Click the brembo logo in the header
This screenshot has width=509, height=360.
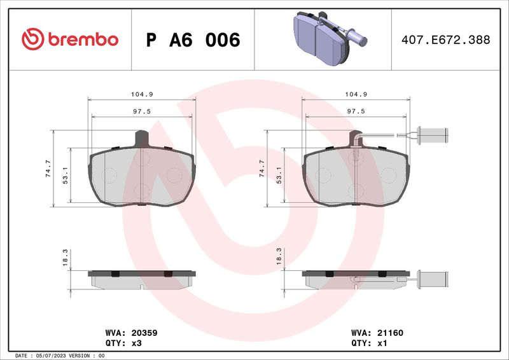coord(70,39)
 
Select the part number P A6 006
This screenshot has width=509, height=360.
coord(193,40)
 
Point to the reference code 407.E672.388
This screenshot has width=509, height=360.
coord(446,39)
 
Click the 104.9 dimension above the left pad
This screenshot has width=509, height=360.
coord(142,94)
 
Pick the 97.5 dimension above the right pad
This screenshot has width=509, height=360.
coord(356,111)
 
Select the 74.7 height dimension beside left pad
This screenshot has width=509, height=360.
coord(48,168)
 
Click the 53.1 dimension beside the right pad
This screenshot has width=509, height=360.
coord(279,176)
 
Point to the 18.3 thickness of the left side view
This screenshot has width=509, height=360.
coord(65,258)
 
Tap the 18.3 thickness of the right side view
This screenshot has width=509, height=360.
coord(279,256)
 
